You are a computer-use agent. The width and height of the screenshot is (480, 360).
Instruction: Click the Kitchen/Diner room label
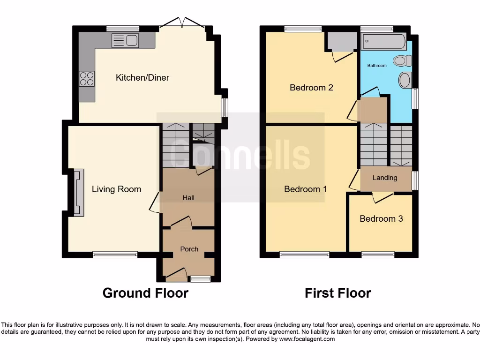tap(142, 77)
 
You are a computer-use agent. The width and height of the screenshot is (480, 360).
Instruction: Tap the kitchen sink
tap(125, 41)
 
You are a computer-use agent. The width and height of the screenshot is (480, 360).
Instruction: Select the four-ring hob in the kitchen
tap(87, 78)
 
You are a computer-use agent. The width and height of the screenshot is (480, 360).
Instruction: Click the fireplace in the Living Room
tap(78, 193)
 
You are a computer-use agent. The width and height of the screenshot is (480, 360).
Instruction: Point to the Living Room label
tap(116, 189)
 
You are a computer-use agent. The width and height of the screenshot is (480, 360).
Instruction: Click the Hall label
tap(188, 198)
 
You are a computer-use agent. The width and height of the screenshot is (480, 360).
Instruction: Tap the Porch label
tap(189, 249)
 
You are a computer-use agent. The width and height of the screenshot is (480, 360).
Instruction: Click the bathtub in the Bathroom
tap(384, 42)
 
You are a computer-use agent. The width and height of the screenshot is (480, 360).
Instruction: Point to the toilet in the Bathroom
tap(402, 60)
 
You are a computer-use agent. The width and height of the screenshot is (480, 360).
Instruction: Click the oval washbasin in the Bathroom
tap(405, 80)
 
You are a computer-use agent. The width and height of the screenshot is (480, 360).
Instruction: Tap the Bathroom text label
tap(377, 66)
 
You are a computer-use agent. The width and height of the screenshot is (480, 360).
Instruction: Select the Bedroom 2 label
tap(311, 88)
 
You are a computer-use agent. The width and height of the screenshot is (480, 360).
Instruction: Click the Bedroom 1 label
tap(306, 189)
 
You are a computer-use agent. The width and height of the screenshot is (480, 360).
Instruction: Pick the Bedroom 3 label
tap(381, 218)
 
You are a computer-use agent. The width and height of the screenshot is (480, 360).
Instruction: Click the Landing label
tap(385, 178)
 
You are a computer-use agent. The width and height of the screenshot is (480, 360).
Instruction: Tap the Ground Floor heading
tap(145, 293)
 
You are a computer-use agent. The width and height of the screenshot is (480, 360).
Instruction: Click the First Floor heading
tap(337, 293)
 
